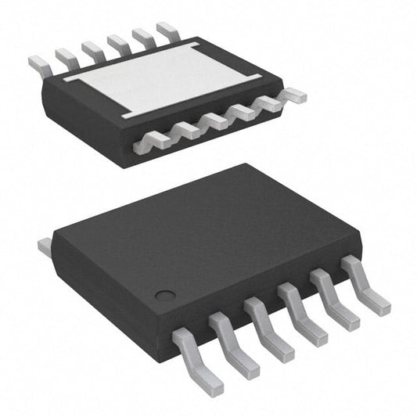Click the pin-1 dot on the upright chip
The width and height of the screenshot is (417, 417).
click(x=164, y=296)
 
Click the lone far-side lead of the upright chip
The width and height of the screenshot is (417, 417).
click(x=45, y=247)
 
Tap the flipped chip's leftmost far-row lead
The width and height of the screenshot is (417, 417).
click(x=39, y=63)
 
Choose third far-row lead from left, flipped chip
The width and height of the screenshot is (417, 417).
click(x=92, y=50)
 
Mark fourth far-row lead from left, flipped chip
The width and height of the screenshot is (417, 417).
click(x=118, y=44)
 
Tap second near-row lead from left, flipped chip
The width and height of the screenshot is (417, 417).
click(x=186, y=131)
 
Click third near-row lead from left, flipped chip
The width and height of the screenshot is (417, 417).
click(x=214, y=121)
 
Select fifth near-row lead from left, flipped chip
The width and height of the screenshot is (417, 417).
click(x=267, y=104)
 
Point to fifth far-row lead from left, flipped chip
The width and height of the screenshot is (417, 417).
click(x=143, y=38)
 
